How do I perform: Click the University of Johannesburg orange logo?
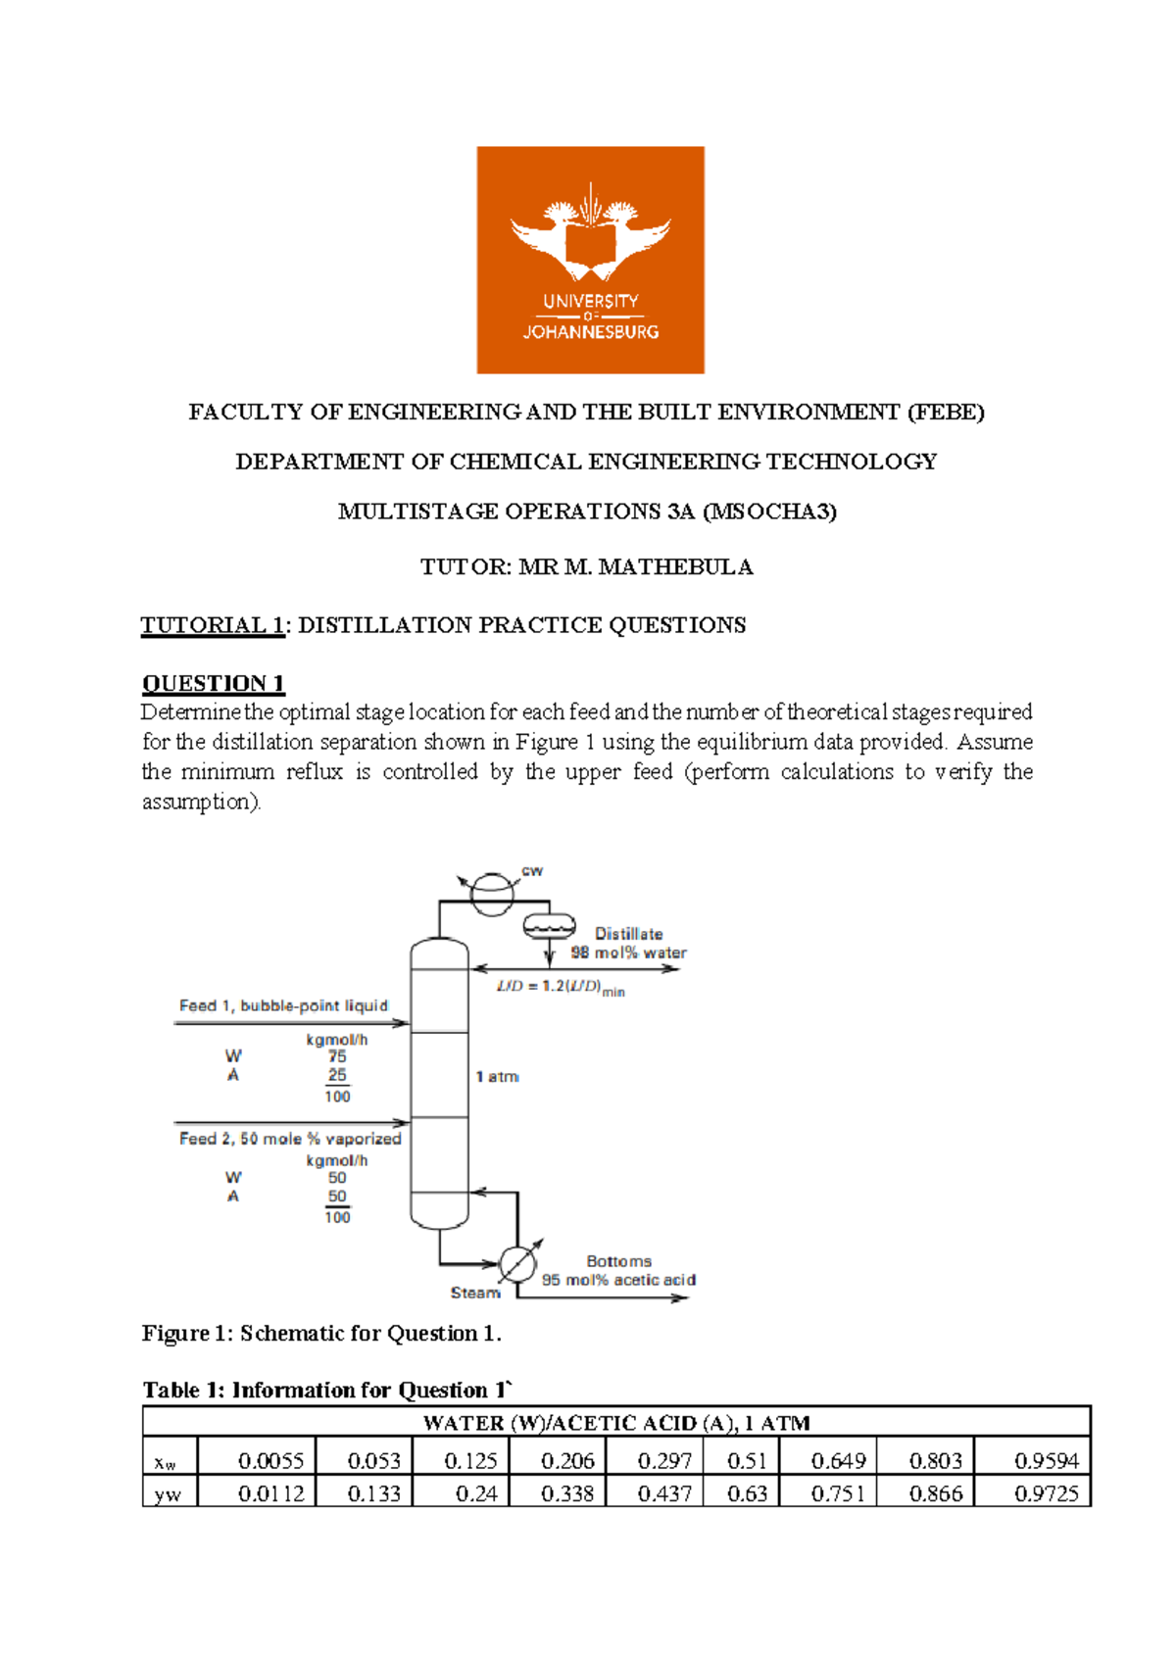click(x=590, y=260)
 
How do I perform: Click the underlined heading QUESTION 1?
click(x=213, y=683)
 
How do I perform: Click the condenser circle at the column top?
click(x=492, y=893)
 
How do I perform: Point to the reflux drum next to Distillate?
click(x=549, y=925)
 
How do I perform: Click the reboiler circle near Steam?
click(x=517, y=1264)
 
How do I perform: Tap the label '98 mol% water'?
click(x=628, y=953)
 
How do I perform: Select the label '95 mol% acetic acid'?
click(x=618, y=1280)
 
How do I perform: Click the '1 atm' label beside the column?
click(x=497, y=1077)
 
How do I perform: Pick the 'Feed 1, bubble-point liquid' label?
click(x=283, y=1005)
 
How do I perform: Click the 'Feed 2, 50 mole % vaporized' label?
click(x=290, y=1139)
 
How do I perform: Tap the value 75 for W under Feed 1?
click(x=337, y=1056)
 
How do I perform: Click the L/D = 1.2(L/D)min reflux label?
click(x=561, y=988)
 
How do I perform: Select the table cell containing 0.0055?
click(x=270, y=1461)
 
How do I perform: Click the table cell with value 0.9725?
click(x=1046, y=1493)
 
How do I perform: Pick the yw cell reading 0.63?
click(x=747, y=1493)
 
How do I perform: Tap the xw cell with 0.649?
click(x=838, y=1461)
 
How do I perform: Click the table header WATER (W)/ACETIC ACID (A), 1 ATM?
click(x=616, y=1423)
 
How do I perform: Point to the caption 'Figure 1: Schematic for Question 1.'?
click(x=321, y=1334)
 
